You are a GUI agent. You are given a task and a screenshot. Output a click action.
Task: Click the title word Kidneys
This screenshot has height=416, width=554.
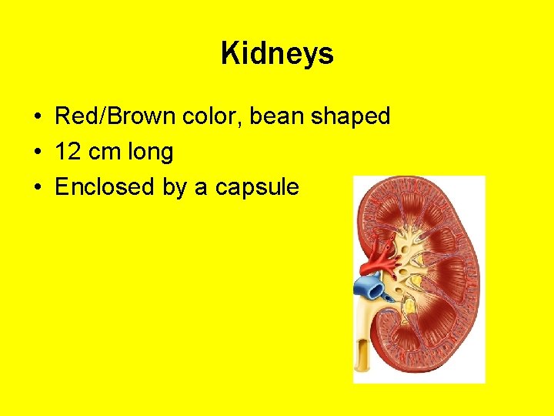click(x=277, y=54)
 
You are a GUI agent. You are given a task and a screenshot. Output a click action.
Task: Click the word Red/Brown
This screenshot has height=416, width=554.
click(x=116, y=116)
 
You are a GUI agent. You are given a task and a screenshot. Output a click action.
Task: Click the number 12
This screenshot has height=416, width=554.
click(x=68, y=152)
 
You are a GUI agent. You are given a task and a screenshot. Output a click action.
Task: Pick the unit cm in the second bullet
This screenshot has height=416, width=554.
click(x=104, y=152)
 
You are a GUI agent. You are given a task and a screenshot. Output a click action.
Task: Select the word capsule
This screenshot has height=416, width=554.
click(x=257, y=188)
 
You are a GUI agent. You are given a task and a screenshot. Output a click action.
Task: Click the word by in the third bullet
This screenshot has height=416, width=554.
click(x=175, y=188)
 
